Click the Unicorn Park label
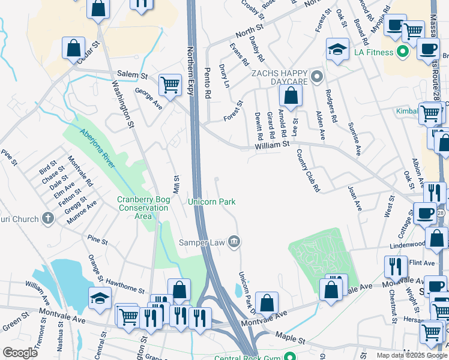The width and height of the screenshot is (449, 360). [x=212, y=202]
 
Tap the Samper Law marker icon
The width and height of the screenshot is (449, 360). [x=235, y=242]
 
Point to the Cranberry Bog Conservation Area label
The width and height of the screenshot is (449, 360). [x=143, y=208]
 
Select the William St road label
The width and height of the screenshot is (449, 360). [x=272, y=144]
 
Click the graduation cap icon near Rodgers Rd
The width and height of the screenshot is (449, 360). [x=337, y=50]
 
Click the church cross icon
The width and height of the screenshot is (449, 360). [x=49, y=219]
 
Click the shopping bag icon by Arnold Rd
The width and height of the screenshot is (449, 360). [x=291, y=96]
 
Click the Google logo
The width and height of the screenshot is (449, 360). [x=20, y=353]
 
